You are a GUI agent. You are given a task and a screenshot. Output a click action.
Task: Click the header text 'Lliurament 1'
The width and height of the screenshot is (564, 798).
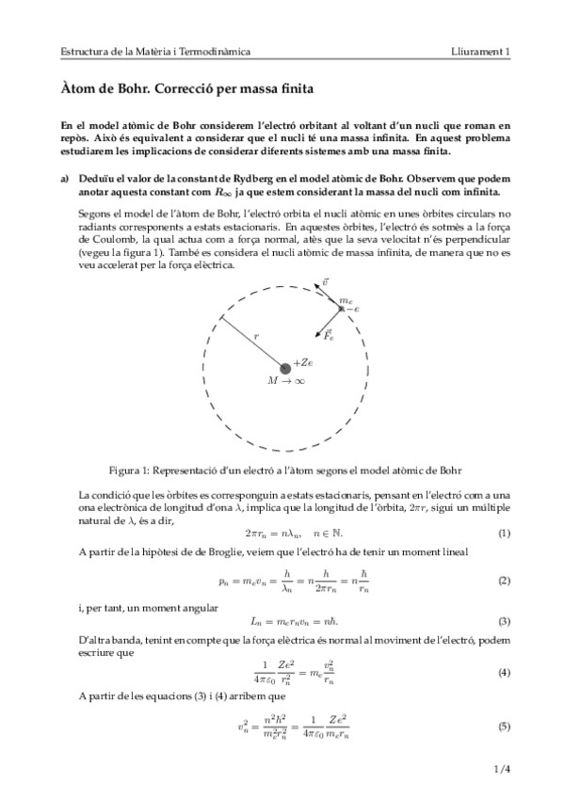coord(481,52)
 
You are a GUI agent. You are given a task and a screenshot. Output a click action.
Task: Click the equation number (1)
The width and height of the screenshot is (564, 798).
coord(504,535)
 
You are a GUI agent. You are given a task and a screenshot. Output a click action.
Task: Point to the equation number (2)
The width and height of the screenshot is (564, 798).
coord(504,582)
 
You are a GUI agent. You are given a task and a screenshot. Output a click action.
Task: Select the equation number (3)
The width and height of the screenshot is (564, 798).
coord(504,621)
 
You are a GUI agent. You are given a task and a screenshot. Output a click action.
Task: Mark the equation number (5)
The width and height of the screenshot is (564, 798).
coord(504,726)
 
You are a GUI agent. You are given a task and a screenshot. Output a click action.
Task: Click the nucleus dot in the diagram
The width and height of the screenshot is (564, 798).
coord(282,367)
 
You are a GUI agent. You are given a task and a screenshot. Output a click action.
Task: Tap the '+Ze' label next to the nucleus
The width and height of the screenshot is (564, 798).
coord(303,363)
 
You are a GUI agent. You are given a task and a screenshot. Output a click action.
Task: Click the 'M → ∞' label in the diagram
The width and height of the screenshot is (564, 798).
coord(285,382)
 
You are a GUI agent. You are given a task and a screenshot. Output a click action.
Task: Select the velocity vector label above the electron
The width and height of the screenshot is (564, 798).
coord(325,281)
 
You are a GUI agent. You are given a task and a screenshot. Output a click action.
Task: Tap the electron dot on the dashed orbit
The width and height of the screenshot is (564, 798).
coord(341,307)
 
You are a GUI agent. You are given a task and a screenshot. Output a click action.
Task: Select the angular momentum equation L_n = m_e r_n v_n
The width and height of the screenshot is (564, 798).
coord(282,621)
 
